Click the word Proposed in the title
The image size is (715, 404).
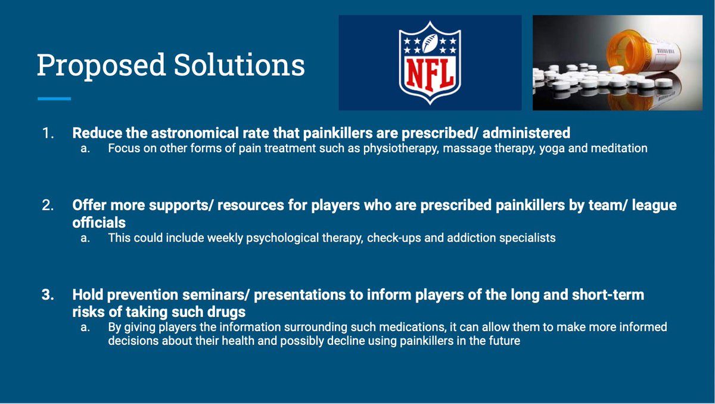pos(101,66)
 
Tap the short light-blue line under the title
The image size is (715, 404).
pos(54,99)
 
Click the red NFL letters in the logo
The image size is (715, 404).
pos(430,75)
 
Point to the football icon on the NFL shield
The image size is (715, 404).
pos(430,43)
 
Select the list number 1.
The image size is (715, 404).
pos(48,133)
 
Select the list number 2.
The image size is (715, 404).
pos(48,205)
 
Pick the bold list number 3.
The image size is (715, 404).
pos(48,295)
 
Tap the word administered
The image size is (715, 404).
pos(526,133)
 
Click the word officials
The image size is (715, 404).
pos(99,223)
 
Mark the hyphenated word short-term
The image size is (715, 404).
pos(608,295)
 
